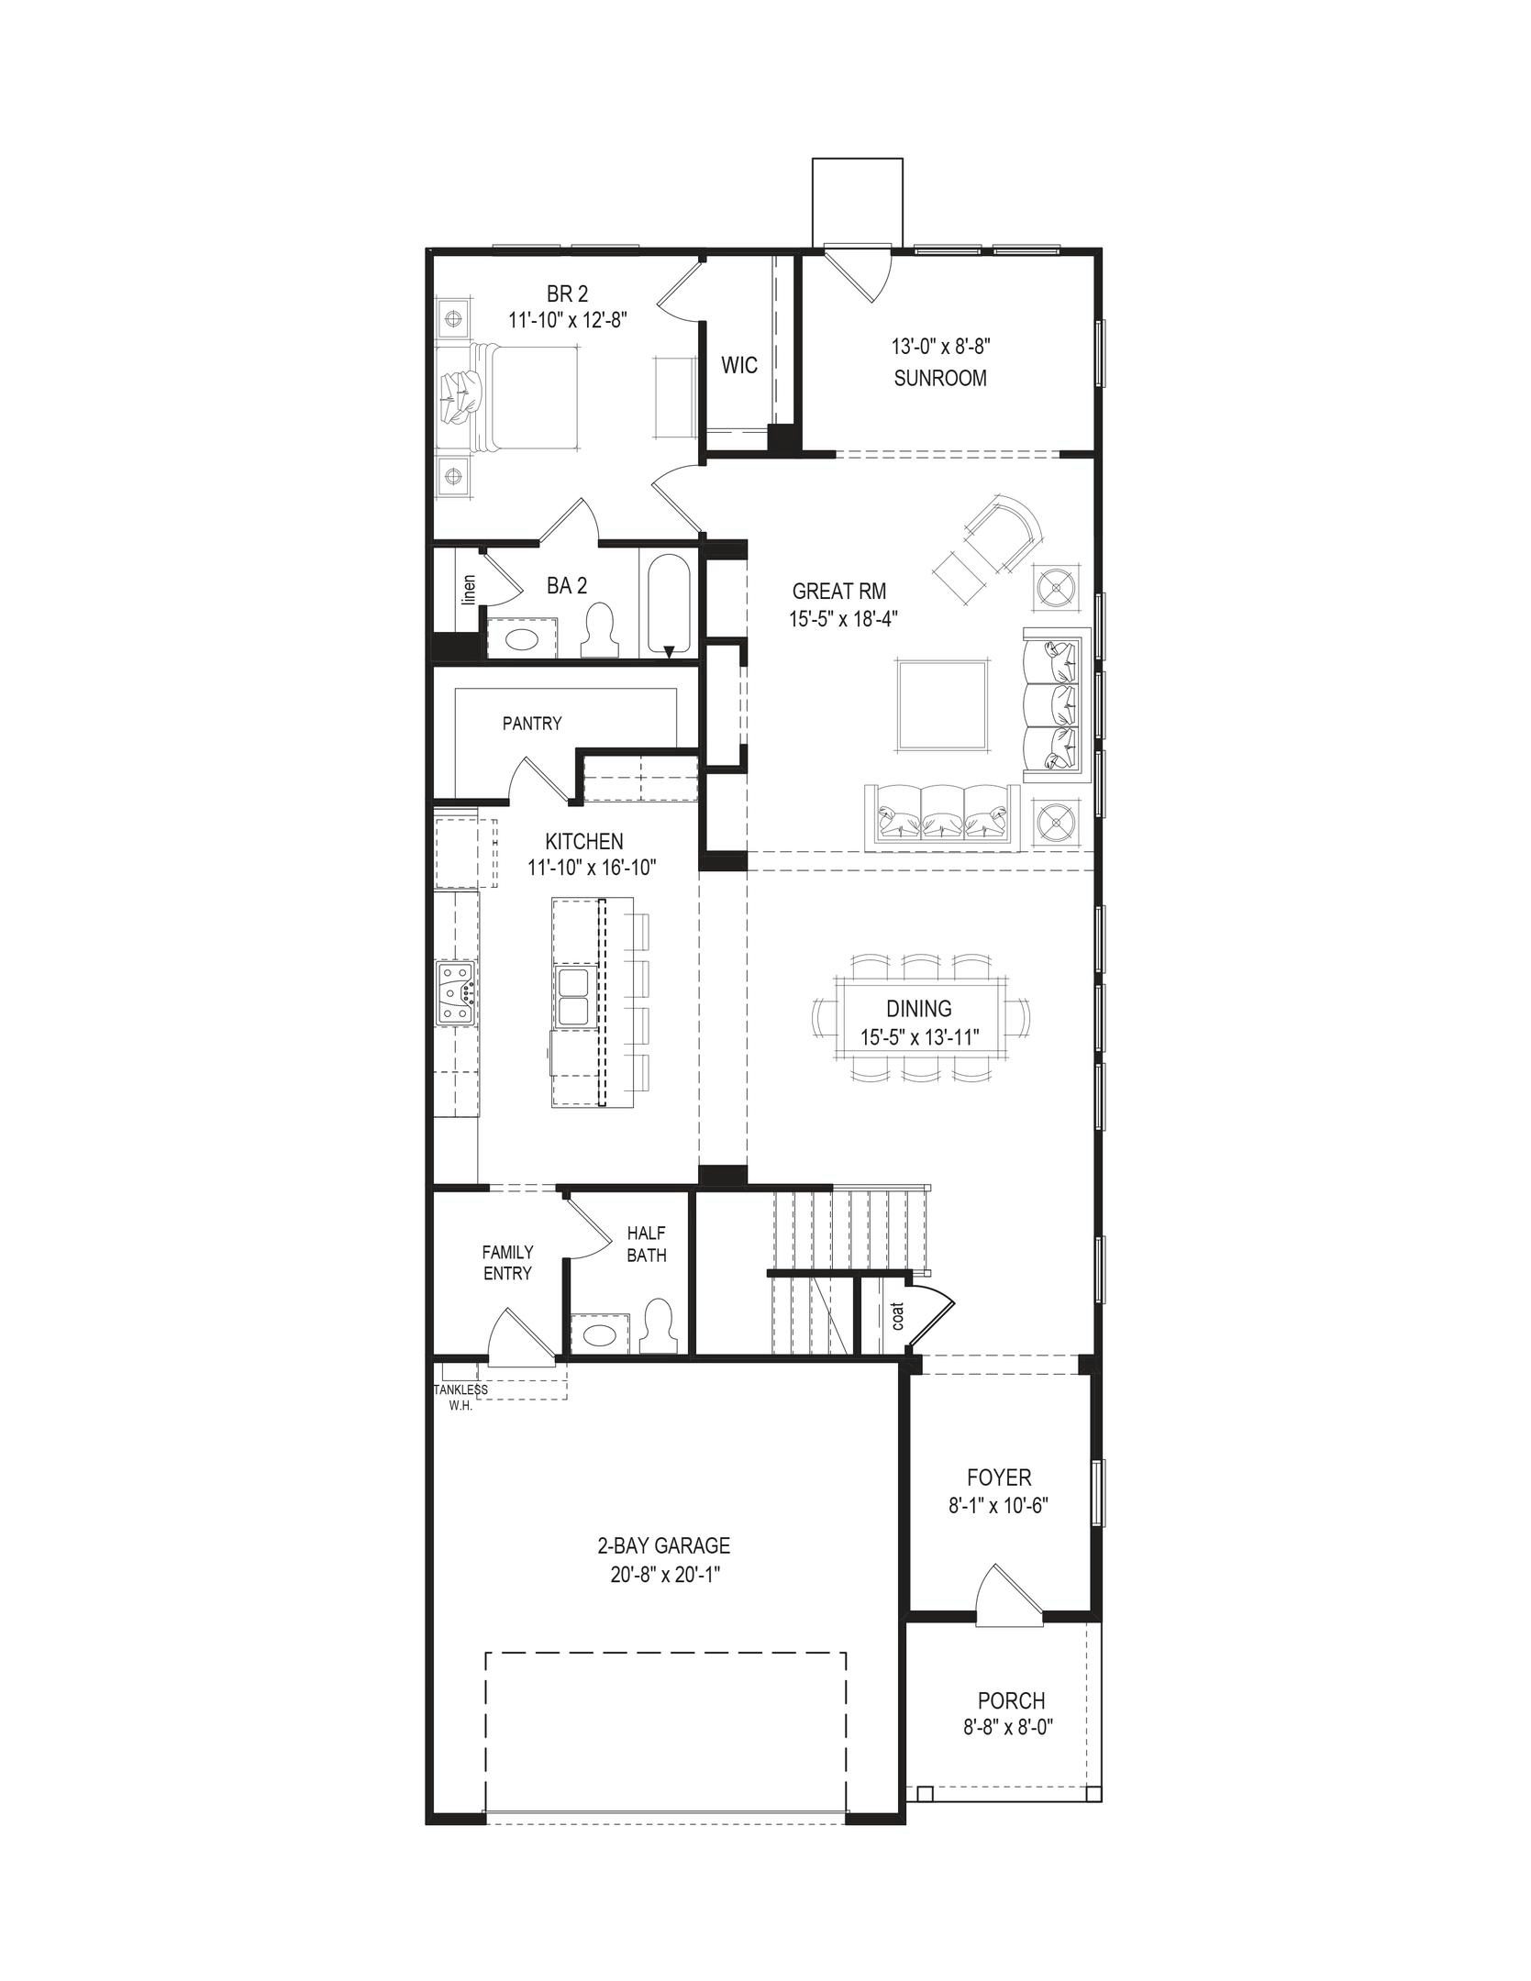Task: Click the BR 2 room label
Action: point(567,293)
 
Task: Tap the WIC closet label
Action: point(739,365)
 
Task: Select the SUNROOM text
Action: point(940,378)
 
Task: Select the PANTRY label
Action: point(532,724)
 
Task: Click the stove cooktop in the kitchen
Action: point(456,992)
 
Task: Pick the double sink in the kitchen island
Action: point(573,997)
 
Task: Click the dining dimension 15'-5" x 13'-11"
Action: point(920,1038)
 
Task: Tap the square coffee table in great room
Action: point(943,704)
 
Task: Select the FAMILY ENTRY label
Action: point(507,1262)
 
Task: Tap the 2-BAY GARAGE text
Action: point(664,1545)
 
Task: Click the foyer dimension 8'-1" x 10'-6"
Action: point(999,1505)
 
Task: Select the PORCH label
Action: point(1011,1701)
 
